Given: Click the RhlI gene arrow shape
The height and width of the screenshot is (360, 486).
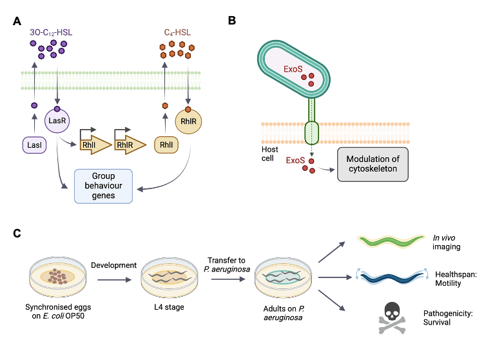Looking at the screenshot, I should coord(91,146).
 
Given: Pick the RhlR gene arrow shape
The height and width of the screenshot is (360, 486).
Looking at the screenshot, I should coord(125,146).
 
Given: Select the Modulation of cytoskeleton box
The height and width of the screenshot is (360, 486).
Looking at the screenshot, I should coord(373,164).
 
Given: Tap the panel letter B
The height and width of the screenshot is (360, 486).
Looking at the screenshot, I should coord(232,20).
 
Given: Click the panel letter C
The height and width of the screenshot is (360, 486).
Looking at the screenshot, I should coord(18,233).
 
